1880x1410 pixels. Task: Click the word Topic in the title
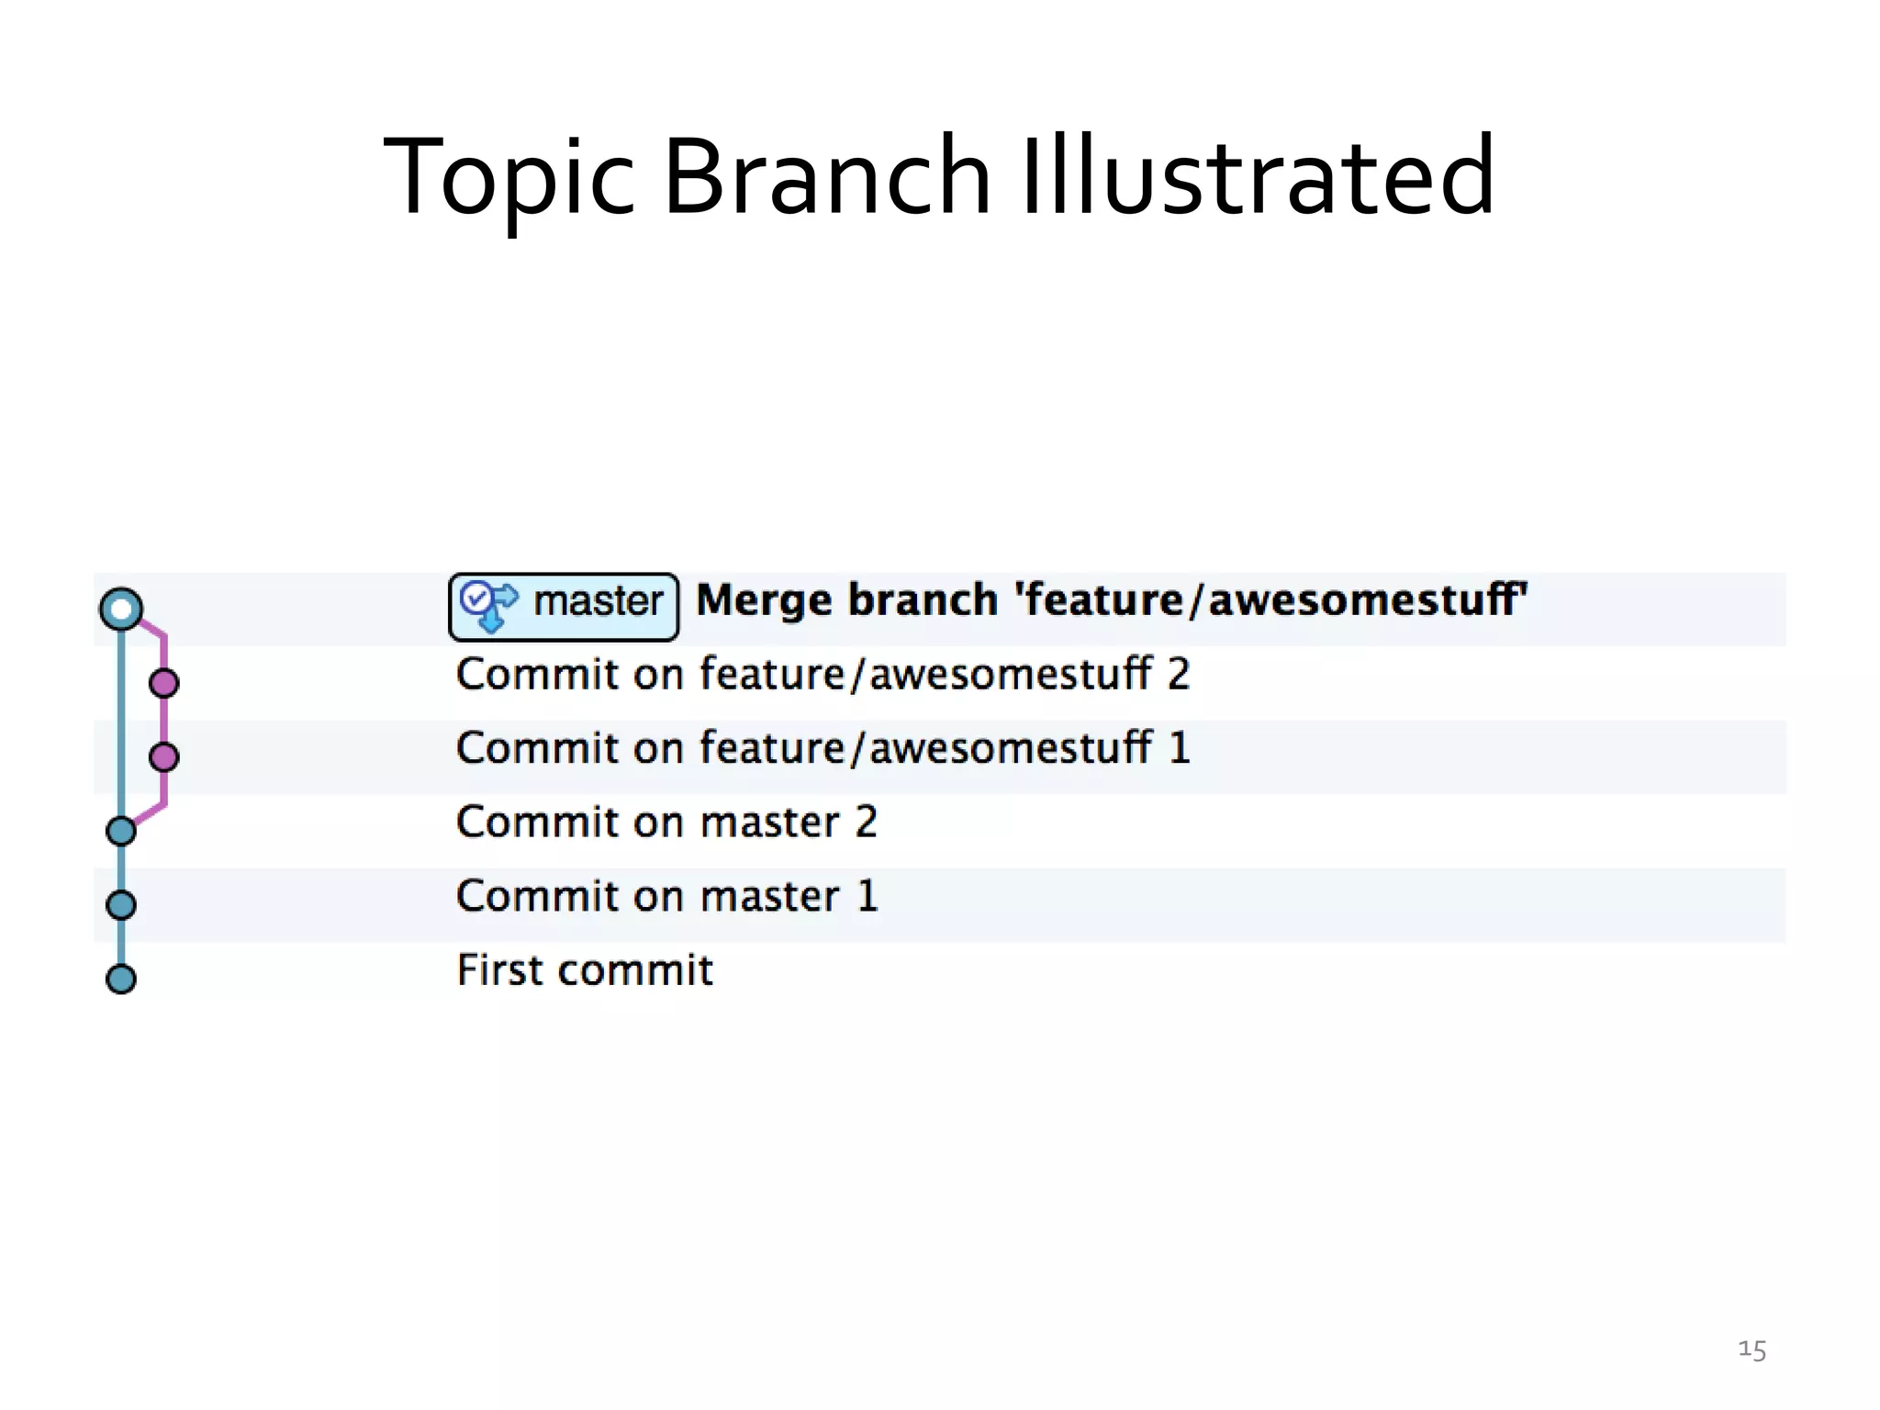pyautogui.click(x=508, y=176)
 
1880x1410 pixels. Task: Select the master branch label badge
pyautogui.click(x=564, y=606)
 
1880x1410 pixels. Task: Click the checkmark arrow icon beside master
pyautogui.click(x=488, y=605)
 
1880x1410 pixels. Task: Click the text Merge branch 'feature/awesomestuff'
pyautogui.click(x=1112, y=600)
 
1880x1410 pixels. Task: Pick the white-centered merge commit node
pyautogui.click(x=121, y=609)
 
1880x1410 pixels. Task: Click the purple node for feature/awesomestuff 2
pyautogui.click(x=164, y=683)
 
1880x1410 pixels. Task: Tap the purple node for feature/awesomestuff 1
pyautogui.click(x=164, y=757)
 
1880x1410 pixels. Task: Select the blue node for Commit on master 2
pyautogui.click(x=121, y=831)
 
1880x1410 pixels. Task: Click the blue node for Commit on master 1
pyautogui.click(x=121, y=905)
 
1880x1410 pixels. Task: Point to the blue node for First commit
pyautogui.click(x=121, y=979)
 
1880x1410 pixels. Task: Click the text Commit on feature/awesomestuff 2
pyautogui.click(x=822, y=675)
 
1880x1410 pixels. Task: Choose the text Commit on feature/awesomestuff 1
pyautogui.click(x=822, y=748)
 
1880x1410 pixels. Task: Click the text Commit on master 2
pyautogui.click(x=666, y=822)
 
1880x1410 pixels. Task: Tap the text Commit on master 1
pyautogui.click(x=666, y=896)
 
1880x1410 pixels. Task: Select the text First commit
pyautogui.click(x=585, y=970)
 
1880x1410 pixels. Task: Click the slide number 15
pyautogui.click(x=1751, y=1350)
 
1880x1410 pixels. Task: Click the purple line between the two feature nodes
pyautogui.click(x=164, y=721)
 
